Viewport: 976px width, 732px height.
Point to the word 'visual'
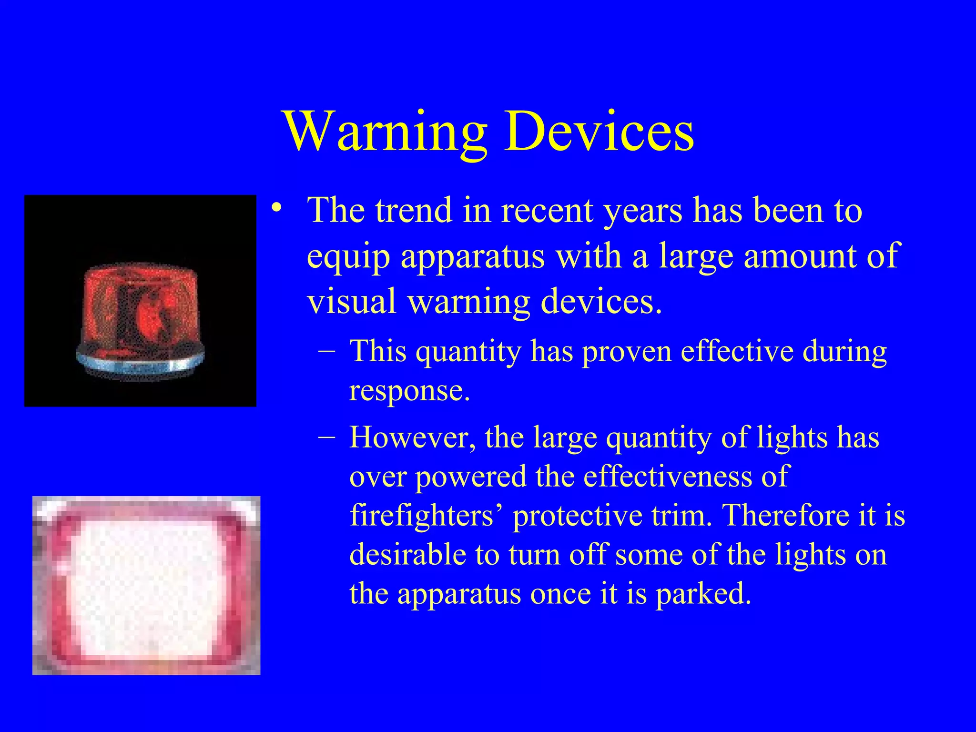pyautogui.click(x=351, y=301)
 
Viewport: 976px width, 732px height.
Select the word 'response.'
pyautogui.click(x=409, y=392)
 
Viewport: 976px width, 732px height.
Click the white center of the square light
pyautogui.click(x=146, y=586)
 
